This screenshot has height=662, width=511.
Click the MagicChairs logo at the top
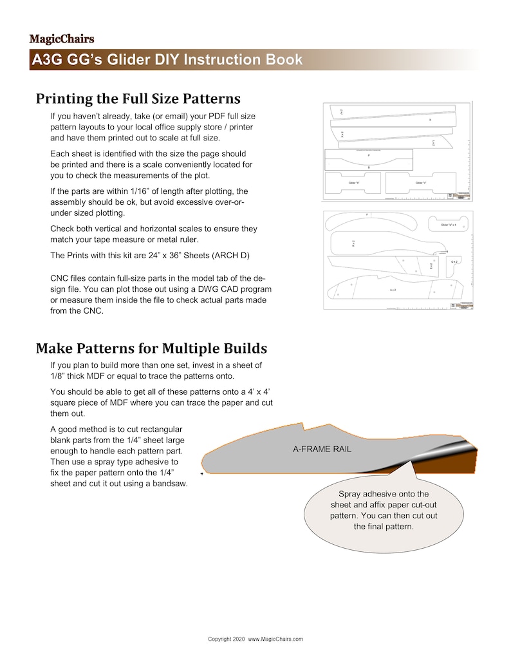62,39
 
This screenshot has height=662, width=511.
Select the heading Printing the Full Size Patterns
138,99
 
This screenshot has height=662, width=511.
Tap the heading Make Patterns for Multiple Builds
151,348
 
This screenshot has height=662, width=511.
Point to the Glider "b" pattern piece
353,184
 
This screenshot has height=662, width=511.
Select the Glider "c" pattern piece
421,184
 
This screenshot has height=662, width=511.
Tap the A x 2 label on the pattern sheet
393,290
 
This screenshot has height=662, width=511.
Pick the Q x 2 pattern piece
454,261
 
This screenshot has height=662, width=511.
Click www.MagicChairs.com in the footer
275,639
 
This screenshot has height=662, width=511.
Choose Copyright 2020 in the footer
227,639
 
